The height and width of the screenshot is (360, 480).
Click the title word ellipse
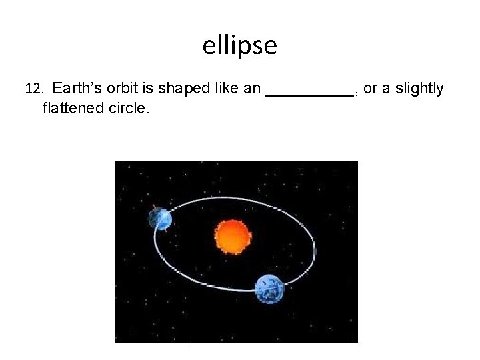coord(239,46)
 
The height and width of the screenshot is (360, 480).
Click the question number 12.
coord(33,89)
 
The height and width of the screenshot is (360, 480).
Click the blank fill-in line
coord(309,95)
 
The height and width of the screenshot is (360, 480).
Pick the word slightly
coord(419,89)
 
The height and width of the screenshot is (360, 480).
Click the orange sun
coord(233,237)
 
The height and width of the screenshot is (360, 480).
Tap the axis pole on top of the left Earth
coord(155,207)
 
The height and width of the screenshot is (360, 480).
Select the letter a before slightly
coord(386,89)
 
